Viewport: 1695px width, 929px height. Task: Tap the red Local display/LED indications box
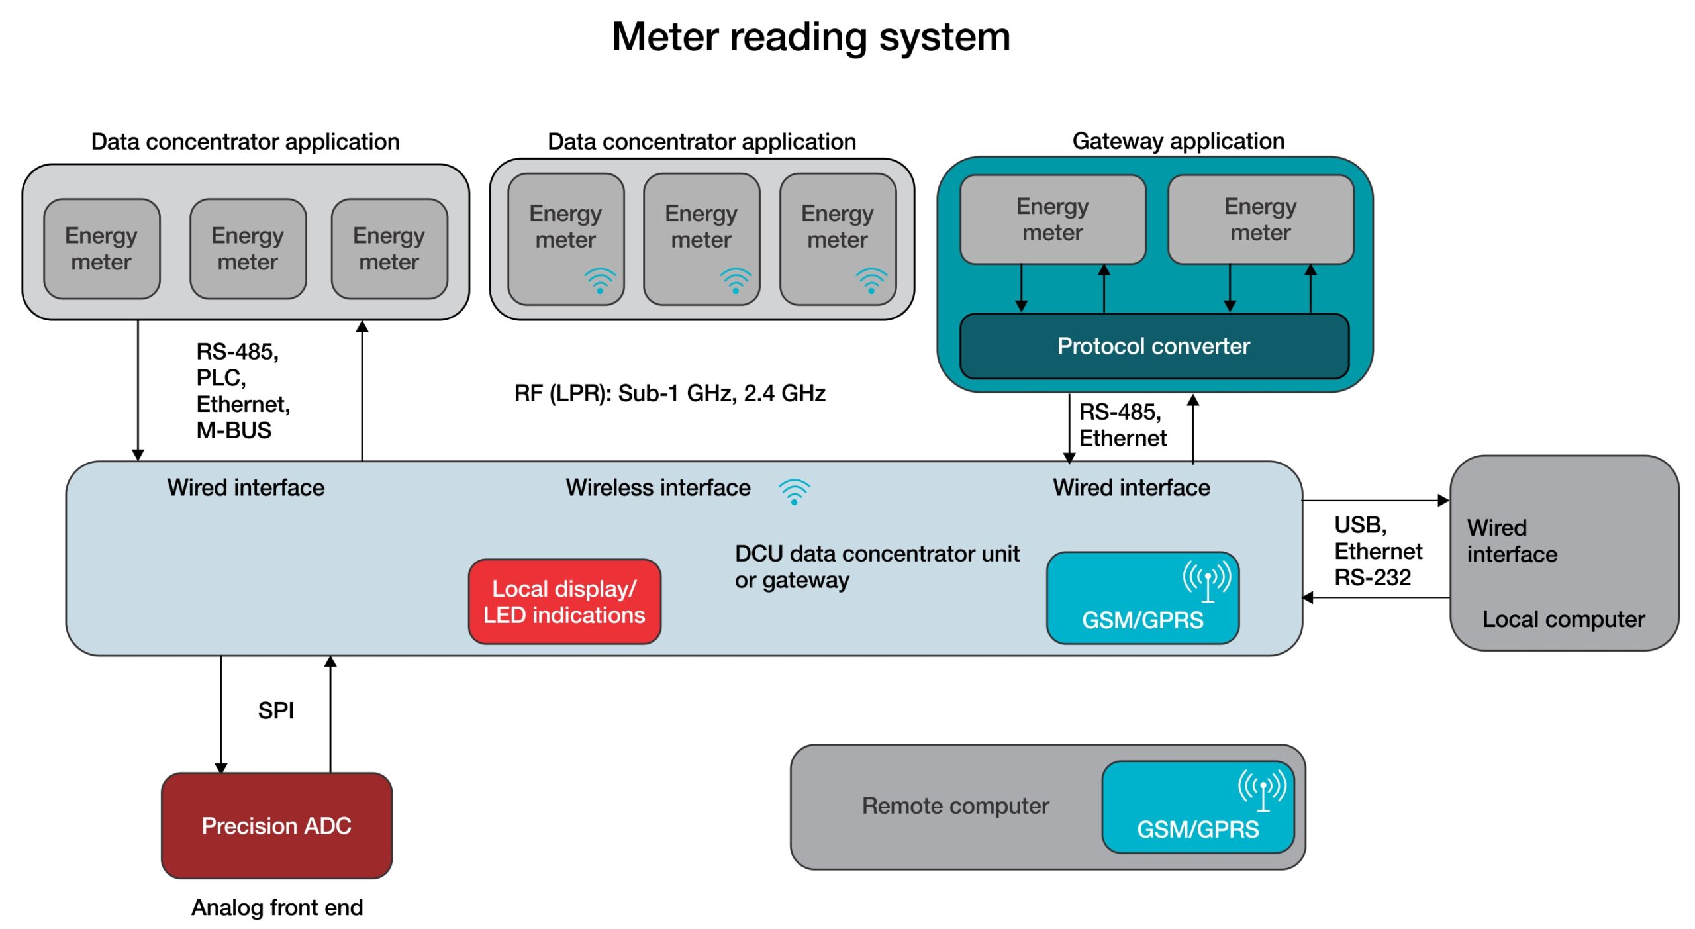pyautogui.click(x=564, y=601)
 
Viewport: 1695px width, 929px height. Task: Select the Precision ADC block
pyautogui.click(x=276, y=825)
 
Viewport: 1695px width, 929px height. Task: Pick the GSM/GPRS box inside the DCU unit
pyautogui.click(x=1142, y=598)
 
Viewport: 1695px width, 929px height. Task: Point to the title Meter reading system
pyautogui.click(x=810, y=37)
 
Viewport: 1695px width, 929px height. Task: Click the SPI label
pyautogui.click(x=275, y=710)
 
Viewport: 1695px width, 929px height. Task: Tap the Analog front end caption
pyautogui.click(x=277, y=907)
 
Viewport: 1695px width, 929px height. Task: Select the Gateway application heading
pyautogui.click(x=1178, y=141)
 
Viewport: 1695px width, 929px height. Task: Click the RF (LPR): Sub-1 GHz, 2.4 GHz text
pyautogui.click(x=669, y=393)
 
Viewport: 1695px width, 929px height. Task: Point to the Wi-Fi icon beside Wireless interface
pyautogui.click(x=794, y=491)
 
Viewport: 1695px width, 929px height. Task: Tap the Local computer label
pyautogui.click(x=1563, y=619)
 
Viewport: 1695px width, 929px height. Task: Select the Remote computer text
pyautogui.click(x=955, y=806)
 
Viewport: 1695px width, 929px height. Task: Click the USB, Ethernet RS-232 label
pyautogui.click(x=1377, y=551)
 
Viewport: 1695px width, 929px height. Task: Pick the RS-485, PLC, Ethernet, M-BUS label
pyautogui.click(x=242, y=391)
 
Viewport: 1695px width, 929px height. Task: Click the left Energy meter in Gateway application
pyautogui.click(x=1052, y=219)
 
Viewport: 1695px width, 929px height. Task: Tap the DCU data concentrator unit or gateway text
pyautogui.click(x=876, y=567)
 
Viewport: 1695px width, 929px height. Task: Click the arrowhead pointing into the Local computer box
pyautogui.click(x=1443, y=501)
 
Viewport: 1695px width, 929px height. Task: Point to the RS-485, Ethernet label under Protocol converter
pyautogui.click(x=1122, y=425)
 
